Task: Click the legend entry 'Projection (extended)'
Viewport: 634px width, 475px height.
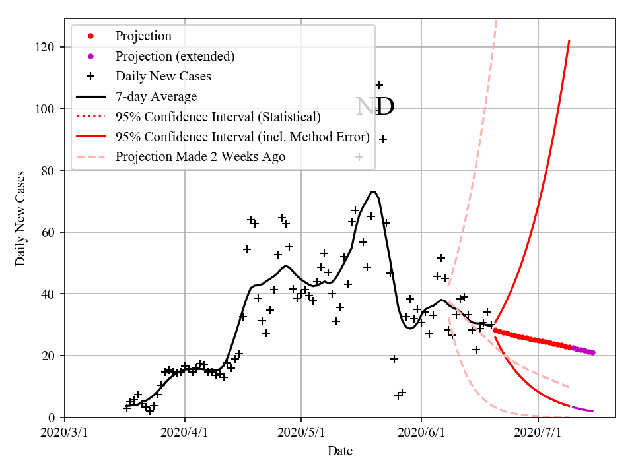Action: (174, 56)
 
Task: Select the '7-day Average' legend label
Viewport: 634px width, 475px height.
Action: (156, 97)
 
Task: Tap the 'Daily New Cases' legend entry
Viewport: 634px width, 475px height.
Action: (163, 77)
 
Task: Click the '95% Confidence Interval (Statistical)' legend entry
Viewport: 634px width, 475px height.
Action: (218, 117)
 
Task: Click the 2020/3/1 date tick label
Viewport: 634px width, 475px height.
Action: (65, 433)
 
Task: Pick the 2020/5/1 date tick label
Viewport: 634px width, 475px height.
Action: (301, 433)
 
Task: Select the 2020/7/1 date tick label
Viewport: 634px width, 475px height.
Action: (538, 433)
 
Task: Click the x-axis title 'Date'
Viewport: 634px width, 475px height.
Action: (340, 452)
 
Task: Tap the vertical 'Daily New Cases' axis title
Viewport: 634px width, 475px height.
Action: (20, 219)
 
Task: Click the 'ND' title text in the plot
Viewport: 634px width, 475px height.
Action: (375, 107)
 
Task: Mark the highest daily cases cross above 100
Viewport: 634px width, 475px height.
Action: (379, 85)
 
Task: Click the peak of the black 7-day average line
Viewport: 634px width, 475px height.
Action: (373, 192)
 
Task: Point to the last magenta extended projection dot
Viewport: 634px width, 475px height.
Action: (593, 353)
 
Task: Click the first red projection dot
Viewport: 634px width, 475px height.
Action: (495, 330)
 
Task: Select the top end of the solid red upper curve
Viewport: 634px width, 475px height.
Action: (569, 41)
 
